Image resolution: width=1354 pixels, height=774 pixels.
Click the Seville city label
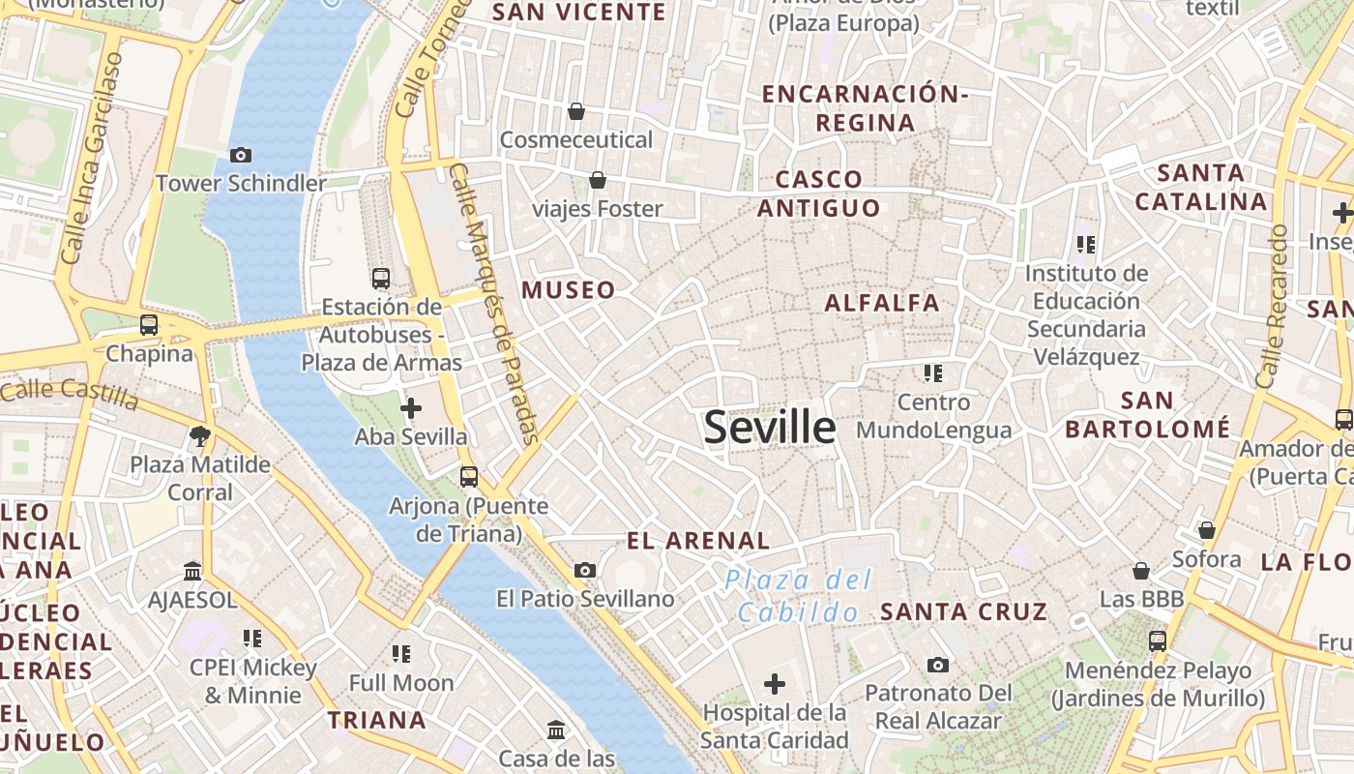click(x=770, y=427)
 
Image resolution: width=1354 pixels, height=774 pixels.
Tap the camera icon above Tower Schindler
click(x=241, y=155)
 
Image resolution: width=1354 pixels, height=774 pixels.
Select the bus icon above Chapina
click(x=149, y=325)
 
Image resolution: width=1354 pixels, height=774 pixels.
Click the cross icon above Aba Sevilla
click(x=411, y=408)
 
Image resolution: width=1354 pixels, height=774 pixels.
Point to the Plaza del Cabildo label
click(x=799, y=596)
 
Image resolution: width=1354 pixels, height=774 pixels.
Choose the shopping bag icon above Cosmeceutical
click(x=576, y=111)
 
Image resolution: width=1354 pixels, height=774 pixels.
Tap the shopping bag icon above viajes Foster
click(x=598, y=180)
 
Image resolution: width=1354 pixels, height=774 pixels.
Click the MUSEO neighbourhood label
click(x=568, y=290)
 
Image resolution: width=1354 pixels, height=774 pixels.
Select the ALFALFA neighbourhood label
click(x=882, y=303)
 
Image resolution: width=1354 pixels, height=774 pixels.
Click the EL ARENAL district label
click(x=698, y=541)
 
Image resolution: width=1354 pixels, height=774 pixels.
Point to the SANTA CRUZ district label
click(x=963, y=611)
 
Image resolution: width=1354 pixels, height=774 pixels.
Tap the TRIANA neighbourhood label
click(x=376, y=720)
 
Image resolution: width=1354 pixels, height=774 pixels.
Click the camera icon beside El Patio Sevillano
click(x=584, y=571)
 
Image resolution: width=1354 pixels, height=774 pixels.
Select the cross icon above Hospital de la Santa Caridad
click(x=774, y=685)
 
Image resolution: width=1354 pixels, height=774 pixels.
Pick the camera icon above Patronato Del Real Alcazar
click(x=937, y=665)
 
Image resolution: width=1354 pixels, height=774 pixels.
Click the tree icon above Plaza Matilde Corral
click(x=200, y=436)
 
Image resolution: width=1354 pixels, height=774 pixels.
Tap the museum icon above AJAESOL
click(x=191, y=571)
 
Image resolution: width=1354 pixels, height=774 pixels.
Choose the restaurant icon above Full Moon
click(x=400, y=654)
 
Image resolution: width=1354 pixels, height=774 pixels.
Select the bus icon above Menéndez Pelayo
click(x=1157, y=640)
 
